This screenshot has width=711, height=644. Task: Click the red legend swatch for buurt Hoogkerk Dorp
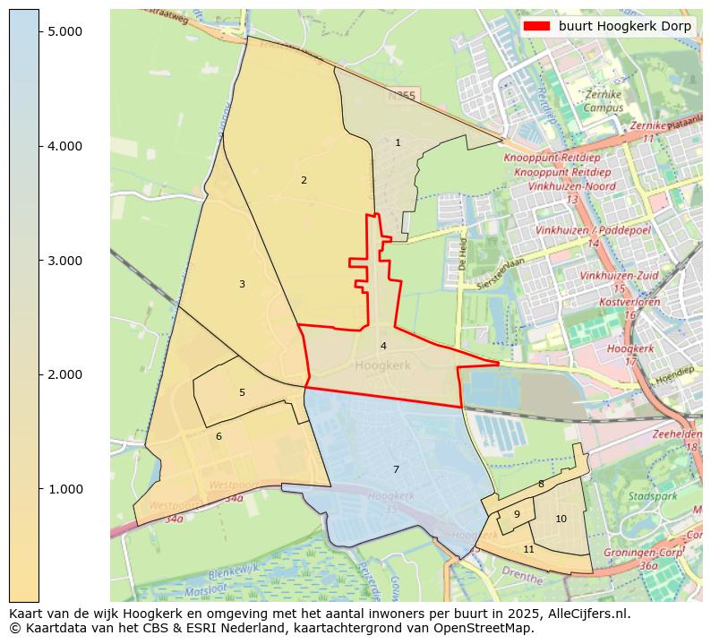[536, 27]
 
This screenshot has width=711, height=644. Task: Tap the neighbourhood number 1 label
[398, 142]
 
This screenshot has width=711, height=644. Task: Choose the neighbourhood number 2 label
[304, 180]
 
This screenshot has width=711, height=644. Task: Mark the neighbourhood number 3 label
[242, 284]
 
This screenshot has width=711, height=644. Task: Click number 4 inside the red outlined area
[383, 346]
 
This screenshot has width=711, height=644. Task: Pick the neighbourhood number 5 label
[242, 392]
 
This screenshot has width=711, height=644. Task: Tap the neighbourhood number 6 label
[218, 436]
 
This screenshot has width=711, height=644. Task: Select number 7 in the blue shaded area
[396, 469]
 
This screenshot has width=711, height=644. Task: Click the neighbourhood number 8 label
[541, 484]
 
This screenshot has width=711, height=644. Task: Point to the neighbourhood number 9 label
[517, 514]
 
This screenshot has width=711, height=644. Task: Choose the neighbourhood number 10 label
[561, 519]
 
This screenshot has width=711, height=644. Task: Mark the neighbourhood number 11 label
[528, 549]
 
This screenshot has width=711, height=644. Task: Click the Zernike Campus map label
[604, 101]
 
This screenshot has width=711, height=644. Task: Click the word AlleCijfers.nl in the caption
[586, 614]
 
